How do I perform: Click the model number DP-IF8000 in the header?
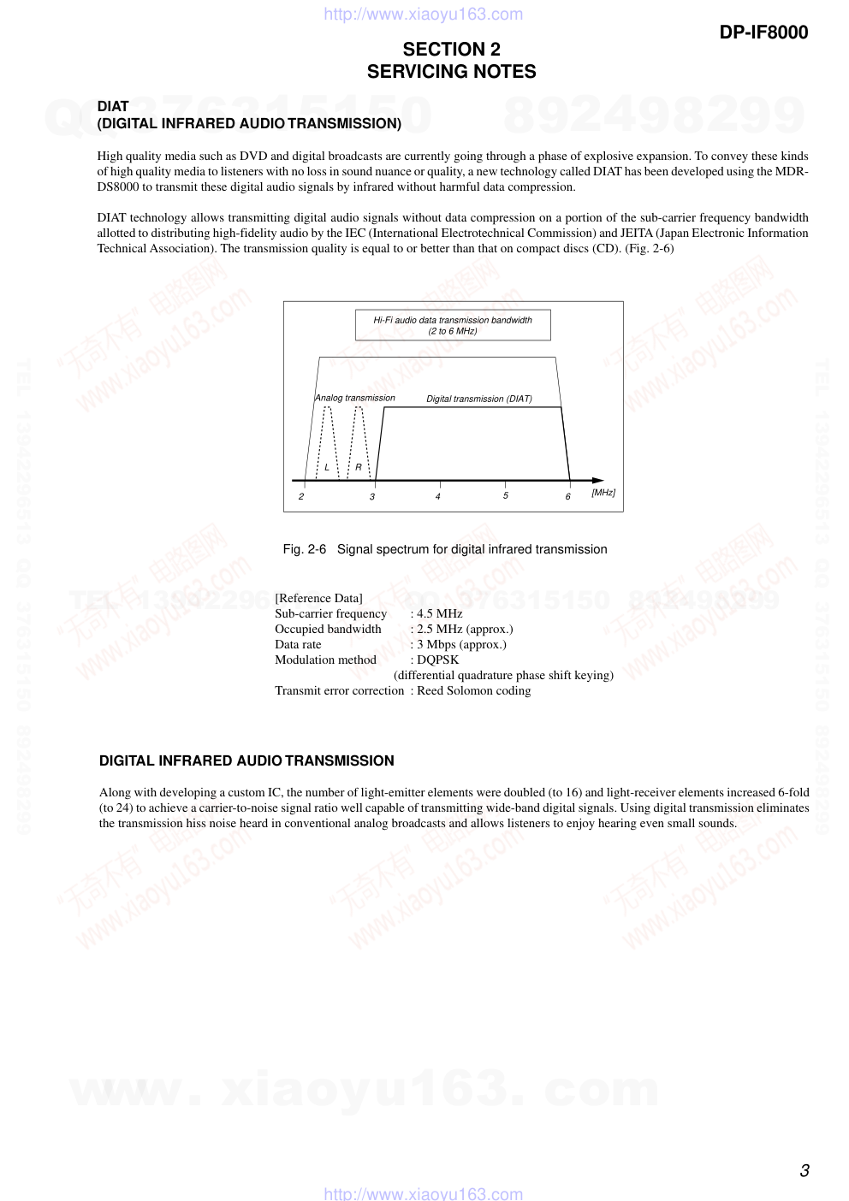tap(763, 33)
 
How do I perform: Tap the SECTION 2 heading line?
tap(451, 50)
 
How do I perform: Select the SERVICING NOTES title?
tap(451, 72)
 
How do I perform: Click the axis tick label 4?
tap(438, 496)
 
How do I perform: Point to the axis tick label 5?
tap(506, 495)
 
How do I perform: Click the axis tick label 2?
tap(301, 496)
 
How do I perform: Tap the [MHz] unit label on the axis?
tap(603, 493)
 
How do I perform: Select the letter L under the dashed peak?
tap(327, 467)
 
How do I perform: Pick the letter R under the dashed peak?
tap(359, 467)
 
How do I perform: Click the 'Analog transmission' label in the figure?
tap(355, 398)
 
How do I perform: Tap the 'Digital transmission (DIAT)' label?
tap(479, 399)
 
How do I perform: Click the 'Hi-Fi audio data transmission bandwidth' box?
tap(453, 325)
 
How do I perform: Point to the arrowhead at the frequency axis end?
tap(598, 481)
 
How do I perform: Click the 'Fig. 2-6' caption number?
tap(304, 549)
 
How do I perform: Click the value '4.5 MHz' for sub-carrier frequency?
tap(439, 613)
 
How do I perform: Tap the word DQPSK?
tap(437, 660)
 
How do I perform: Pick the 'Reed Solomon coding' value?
tap(473, 690)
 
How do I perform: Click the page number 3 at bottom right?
tap(804, 1171)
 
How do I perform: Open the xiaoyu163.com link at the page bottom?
tap(424, 1193)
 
